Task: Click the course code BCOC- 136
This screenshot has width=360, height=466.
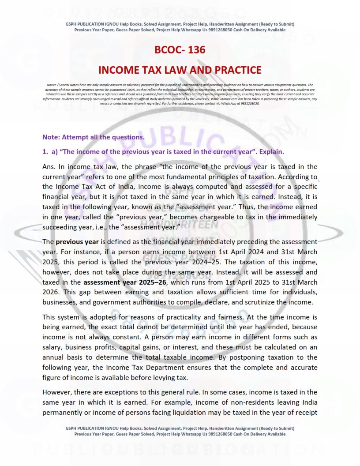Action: point(180,50)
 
